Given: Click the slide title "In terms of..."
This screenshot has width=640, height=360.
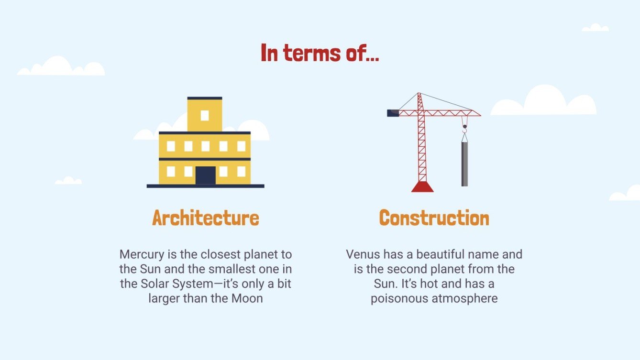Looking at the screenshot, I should (x=320, y=53).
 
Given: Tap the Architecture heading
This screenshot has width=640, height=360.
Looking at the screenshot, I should (x=205, y=218).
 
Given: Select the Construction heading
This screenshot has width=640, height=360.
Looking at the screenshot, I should (x=434, y=218).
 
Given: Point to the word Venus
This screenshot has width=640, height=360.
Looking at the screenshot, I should (x=362, y=254).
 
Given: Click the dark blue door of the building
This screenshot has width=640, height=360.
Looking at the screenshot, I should (x=205, y=175).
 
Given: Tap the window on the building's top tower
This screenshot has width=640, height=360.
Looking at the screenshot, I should (x=205, y=115).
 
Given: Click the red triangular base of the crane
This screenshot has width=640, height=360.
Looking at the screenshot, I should (x=422, y=187).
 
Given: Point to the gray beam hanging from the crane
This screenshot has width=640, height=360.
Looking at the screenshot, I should (x=464, y=164).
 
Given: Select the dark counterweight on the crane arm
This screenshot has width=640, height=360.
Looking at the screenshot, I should (x=392, y=113).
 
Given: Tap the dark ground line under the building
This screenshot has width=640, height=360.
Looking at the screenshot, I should (x=205, y=186).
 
